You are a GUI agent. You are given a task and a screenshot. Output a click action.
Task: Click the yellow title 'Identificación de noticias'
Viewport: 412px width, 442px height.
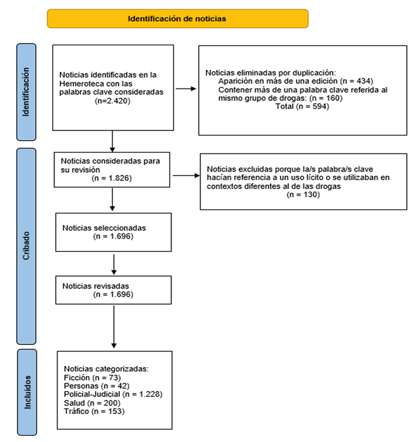(x=177, y=19)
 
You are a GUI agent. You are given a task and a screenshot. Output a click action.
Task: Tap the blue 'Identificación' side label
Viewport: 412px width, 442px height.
(x=26, y=92)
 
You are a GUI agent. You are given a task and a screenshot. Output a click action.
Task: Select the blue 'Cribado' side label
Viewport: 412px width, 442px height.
(x=26, y=246)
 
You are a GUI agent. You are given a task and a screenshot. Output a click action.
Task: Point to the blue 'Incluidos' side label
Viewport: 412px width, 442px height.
(x=27, y=392)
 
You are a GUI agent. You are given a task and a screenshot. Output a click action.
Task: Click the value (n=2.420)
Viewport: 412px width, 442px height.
(x=112, y=101)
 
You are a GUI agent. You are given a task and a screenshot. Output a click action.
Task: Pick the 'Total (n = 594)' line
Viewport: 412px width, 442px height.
(x=302, y=106)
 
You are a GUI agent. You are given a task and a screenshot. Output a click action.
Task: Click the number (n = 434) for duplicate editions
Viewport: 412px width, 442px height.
(x=356, y=81)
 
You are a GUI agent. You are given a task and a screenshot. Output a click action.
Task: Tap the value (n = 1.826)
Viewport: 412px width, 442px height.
(x=112, y=178)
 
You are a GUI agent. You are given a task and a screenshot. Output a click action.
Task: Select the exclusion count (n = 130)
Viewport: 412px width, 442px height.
(x=303, y=195)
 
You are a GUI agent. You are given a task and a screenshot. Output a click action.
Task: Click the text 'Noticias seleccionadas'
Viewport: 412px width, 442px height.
(x=104, y=228)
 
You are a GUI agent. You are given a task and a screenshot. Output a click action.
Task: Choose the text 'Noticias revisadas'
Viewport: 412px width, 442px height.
(x=96, y=286)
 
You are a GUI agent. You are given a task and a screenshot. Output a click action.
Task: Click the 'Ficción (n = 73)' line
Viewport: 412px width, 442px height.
(x=92, y=377)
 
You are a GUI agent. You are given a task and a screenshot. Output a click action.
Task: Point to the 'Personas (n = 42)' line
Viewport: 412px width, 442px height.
(x=96, y=386)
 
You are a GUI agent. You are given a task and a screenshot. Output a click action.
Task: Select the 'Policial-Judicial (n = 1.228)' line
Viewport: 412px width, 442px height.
(x=113, y=394)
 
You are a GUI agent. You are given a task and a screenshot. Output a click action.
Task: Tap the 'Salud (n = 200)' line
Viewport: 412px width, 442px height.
(x=92, y=403)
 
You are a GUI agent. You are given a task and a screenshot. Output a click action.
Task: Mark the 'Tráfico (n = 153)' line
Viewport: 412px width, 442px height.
(x=94, y=411)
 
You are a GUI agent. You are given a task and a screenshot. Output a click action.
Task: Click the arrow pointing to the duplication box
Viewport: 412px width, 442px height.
(x=186, y=89)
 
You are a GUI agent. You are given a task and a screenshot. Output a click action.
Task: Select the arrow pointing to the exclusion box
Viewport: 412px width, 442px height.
(x=186, y=175)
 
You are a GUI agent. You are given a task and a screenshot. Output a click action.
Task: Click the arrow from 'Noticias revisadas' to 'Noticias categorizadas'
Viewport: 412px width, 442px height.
(x=114, y=327)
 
